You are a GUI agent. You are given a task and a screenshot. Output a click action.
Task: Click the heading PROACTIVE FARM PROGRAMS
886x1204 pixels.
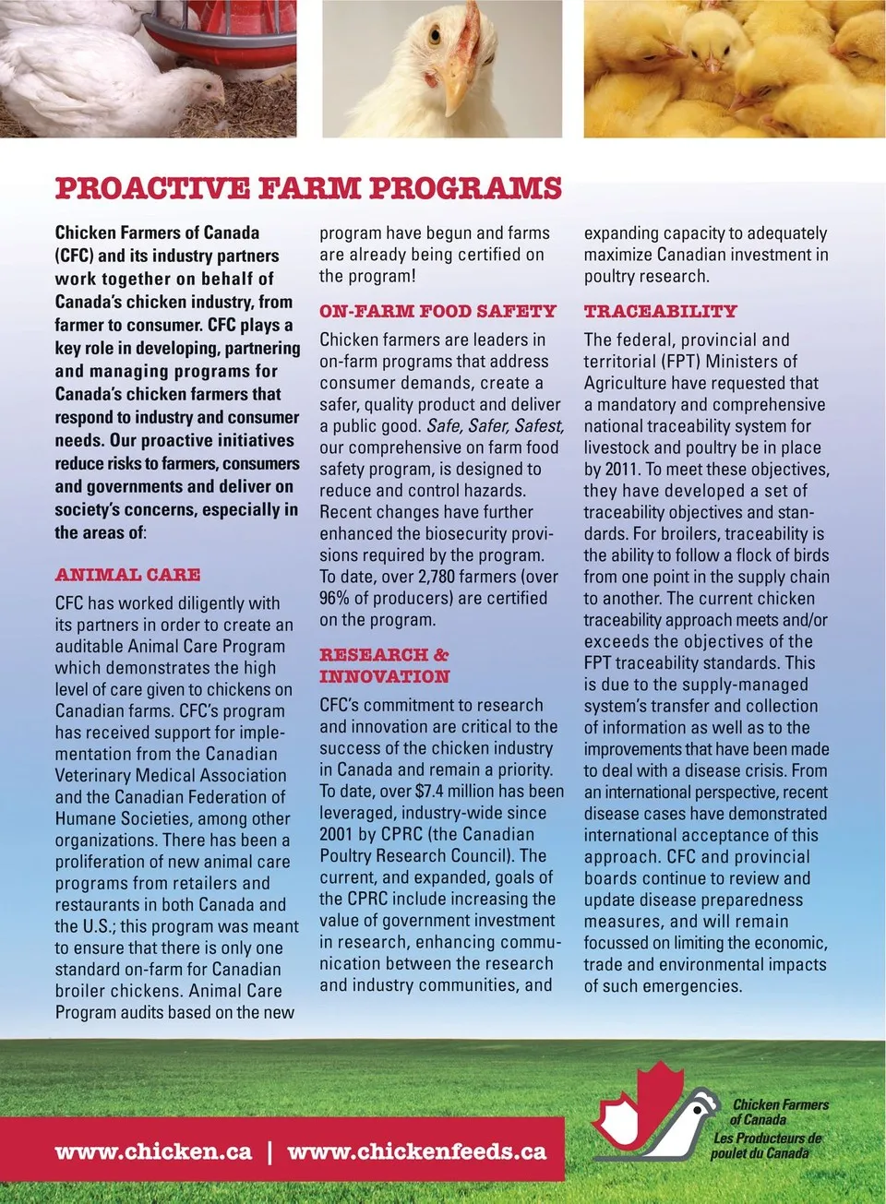pyautogui.click(x=308, y=188)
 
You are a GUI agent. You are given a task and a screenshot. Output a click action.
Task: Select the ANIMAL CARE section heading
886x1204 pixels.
pyautogui.click(x=127, y=575)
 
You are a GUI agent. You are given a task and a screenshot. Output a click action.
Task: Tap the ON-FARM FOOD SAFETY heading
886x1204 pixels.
pyautogui.click(x=437, y=312)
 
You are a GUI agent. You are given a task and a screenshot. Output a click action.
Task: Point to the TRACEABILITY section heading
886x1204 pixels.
pyautogui.click(x=660, y=312)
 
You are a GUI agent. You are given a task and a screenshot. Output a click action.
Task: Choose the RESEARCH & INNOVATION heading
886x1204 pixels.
pyautogui.click(x=384, y=665)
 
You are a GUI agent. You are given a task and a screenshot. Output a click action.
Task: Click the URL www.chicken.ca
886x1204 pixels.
pyautogui.click(x=153, y=1151)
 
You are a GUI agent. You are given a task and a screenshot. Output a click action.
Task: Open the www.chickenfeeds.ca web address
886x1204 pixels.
pyautogui.click(x=417, y=1151)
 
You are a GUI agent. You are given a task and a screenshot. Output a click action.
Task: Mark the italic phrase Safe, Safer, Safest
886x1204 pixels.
pyautogui.click(x=494, y=426)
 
